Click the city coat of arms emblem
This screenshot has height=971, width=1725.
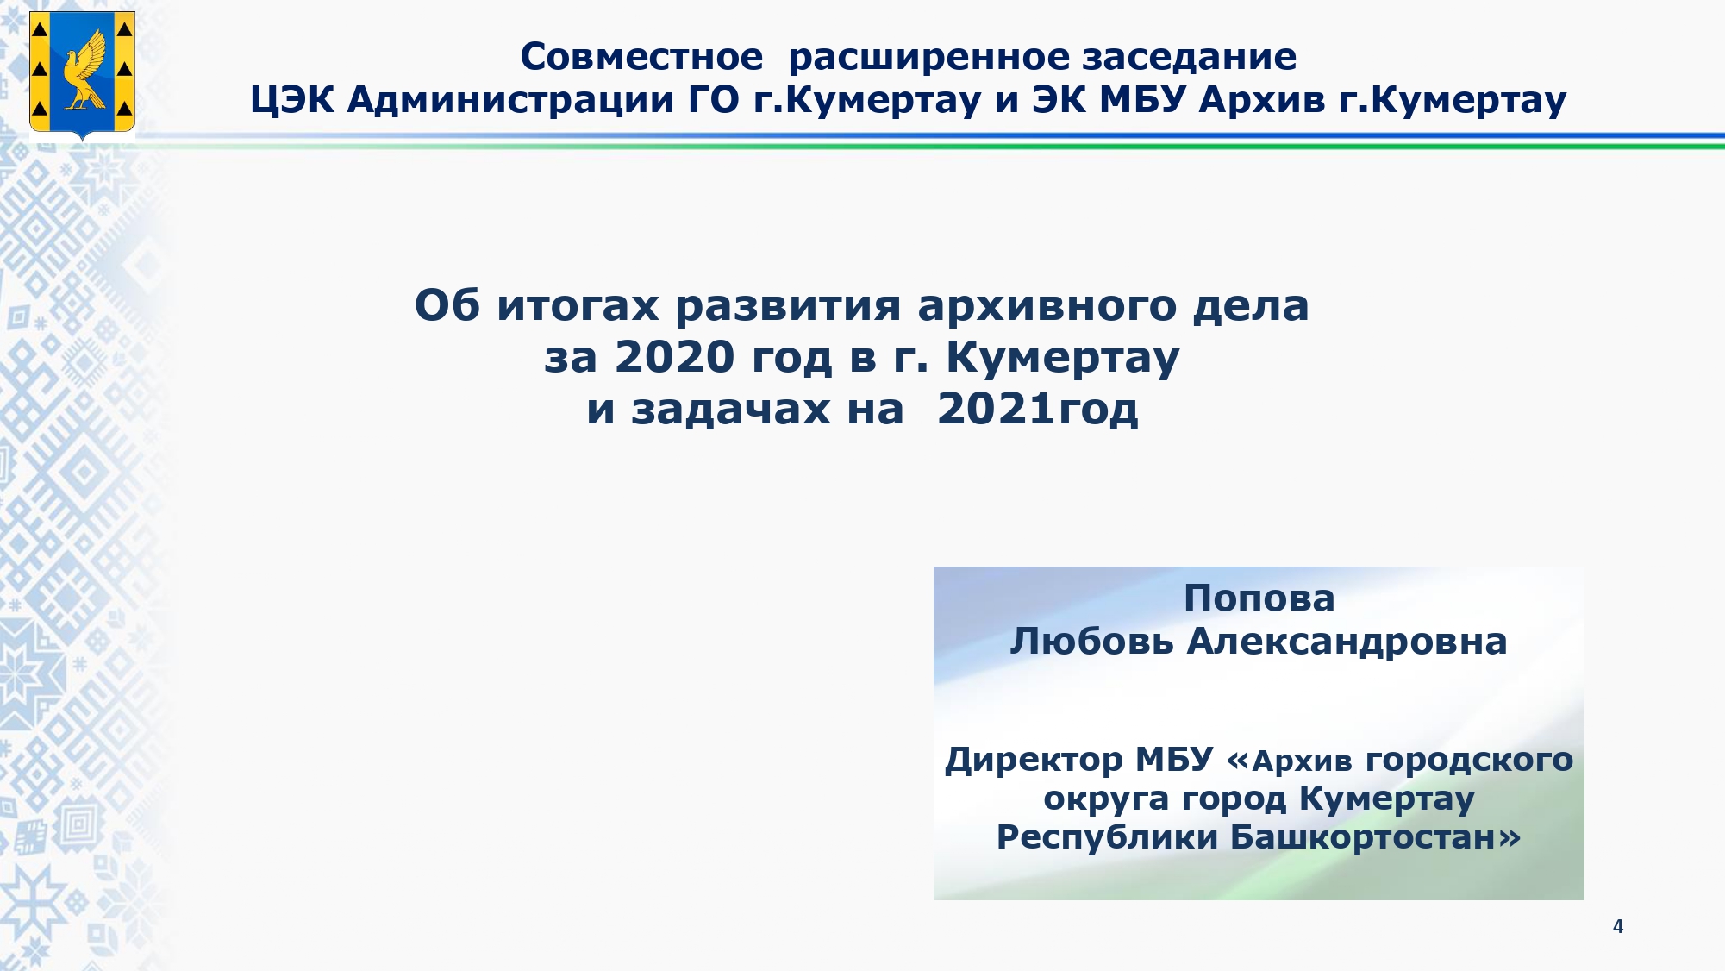click(x=82, y=76)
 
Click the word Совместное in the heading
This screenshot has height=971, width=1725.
click(x=641, y=57)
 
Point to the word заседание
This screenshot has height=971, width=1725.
click(x=1190, y=58)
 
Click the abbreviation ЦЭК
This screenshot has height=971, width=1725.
click(x=292, y=101)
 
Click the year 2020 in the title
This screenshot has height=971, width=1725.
click(x=674, y=357)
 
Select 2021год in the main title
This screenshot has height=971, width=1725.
click(x=1038, y=409)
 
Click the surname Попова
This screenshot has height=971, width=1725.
click(x=1259, y=598)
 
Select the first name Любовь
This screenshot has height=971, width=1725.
click(x=1092, y=642)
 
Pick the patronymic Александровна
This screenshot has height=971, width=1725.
click(x=1347, y=642)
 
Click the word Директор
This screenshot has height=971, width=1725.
click(x=1034, y=761)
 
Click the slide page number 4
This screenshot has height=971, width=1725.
click(x=1618, y=926)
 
